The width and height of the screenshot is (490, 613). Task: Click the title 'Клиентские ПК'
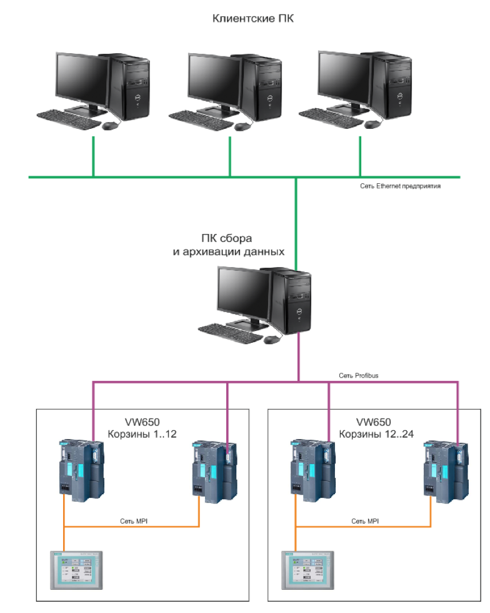click(244, 19)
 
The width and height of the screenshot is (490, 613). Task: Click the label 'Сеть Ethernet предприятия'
click(401, 186)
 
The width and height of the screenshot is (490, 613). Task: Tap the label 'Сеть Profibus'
click(358, 376)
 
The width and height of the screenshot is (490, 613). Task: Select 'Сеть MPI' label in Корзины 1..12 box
click(134, 520)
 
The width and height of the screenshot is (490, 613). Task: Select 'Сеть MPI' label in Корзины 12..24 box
click(366, 520)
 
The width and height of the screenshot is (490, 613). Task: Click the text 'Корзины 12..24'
click(372, 435)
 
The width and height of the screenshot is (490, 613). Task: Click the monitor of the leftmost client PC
click(82, 78)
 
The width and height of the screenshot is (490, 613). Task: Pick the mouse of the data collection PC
click(272, 340)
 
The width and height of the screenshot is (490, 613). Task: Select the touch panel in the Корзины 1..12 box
click(76, 569)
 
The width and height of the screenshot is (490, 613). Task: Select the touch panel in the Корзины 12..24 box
click(307, 569)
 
